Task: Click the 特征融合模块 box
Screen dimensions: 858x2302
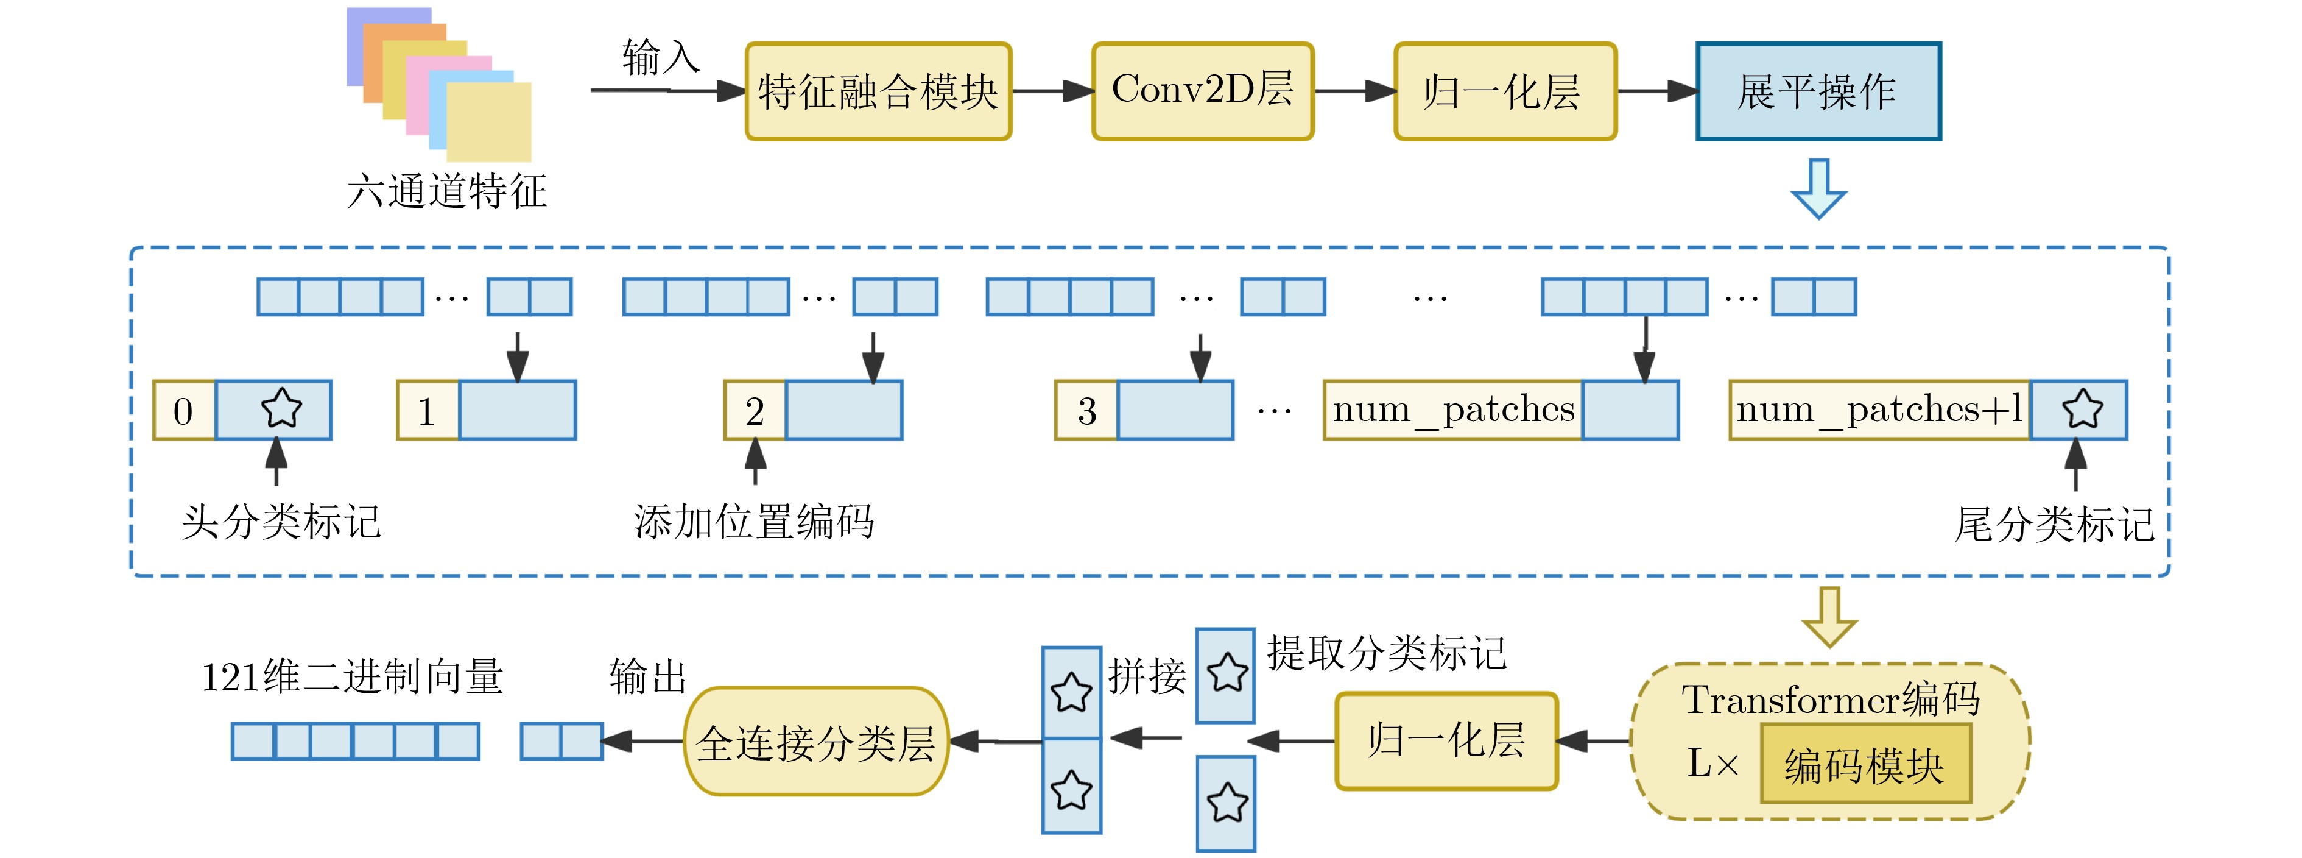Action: click(878, 91)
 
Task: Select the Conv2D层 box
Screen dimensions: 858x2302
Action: click(1203, 91)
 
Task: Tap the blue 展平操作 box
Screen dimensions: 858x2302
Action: click(1818, 91)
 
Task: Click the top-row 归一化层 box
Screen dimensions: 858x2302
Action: click(1505, 91)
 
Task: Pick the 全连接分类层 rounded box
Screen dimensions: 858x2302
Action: click(816, 742)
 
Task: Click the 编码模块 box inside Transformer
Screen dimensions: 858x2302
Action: click(1865, 764)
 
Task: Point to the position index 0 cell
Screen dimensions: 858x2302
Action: click(184, 410)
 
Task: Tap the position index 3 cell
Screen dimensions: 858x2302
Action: click(1086, 410)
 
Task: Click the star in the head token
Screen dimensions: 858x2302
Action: click(281, 408)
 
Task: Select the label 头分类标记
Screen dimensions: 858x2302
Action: click(281, 521)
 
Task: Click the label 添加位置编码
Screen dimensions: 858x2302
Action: click(754, 521)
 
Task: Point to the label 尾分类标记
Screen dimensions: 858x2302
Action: click(2054, 523)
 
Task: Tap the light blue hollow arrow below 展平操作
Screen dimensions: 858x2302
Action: click(1818, 188)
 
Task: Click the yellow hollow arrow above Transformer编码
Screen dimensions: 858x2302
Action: click(1829, 617)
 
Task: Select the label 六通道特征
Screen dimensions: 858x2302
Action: click(447, 190)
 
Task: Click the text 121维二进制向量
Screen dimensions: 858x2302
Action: click(352, 676)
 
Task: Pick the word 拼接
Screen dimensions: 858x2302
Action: click(1147, 676)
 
